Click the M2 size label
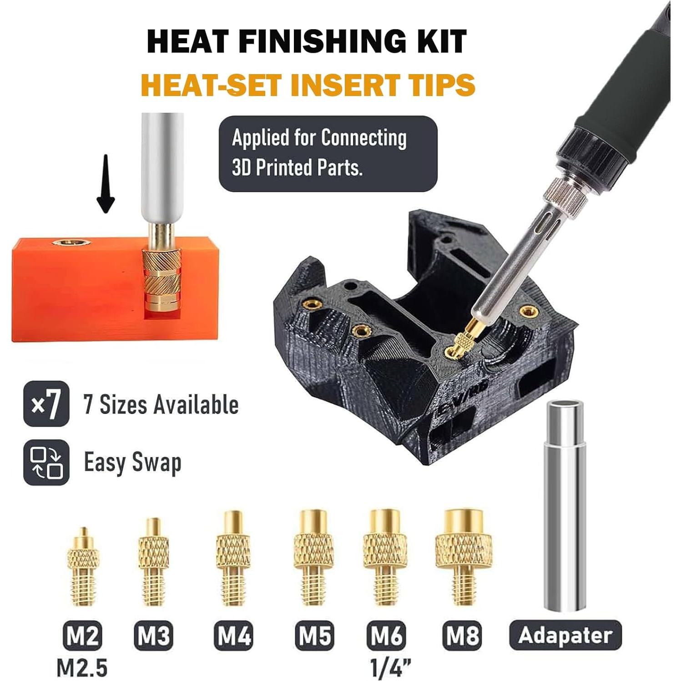(x=82, y=636)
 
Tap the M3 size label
(x=154, y=636)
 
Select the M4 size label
(x=234, y=636)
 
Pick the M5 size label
(x=315, y=636)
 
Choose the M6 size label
(x=387, y=636)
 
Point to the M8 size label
(x=463, y=636)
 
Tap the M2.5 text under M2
(x=82, y=667)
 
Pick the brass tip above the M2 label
(x=83, y=569)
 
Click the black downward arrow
(x=106, y=184)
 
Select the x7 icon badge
(x=46, y=404)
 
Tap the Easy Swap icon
(x=46, y=462)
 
